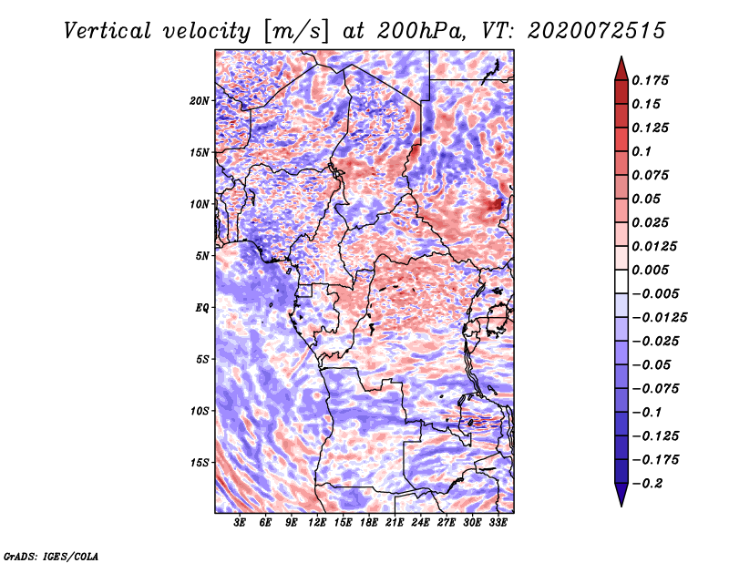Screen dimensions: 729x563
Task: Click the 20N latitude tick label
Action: [x=200, y=101]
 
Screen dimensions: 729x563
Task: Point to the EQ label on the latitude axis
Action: [x=202, y=308]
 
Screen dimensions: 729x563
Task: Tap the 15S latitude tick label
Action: [x=200, y=463]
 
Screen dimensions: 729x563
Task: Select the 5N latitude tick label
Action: [x=202, y=256]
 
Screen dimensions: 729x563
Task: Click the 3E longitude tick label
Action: [x=239, y=522]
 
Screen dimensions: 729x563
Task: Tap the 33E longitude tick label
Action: [x=498, y=522]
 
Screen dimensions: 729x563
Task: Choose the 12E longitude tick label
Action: [x=316, y=522]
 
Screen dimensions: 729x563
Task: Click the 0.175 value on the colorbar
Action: [x=650, y=80]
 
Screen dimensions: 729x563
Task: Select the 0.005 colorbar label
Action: [x=650, y=270]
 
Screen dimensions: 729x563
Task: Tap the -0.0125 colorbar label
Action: [x=659, y=318]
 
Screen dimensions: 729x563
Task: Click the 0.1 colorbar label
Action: [x=642, y=151]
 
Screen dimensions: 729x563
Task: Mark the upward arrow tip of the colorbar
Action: [x=621, y=56]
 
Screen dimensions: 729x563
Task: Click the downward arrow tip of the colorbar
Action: [x=621, y=506]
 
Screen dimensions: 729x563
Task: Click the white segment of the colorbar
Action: [x=621, y=281]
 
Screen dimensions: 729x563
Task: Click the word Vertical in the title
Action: [x=108, y=31]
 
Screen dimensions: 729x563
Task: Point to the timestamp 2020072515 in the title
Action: [x=597, y=31]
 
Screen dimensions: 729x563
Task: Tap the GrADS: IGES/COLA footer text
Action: [x=51, y=556]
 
